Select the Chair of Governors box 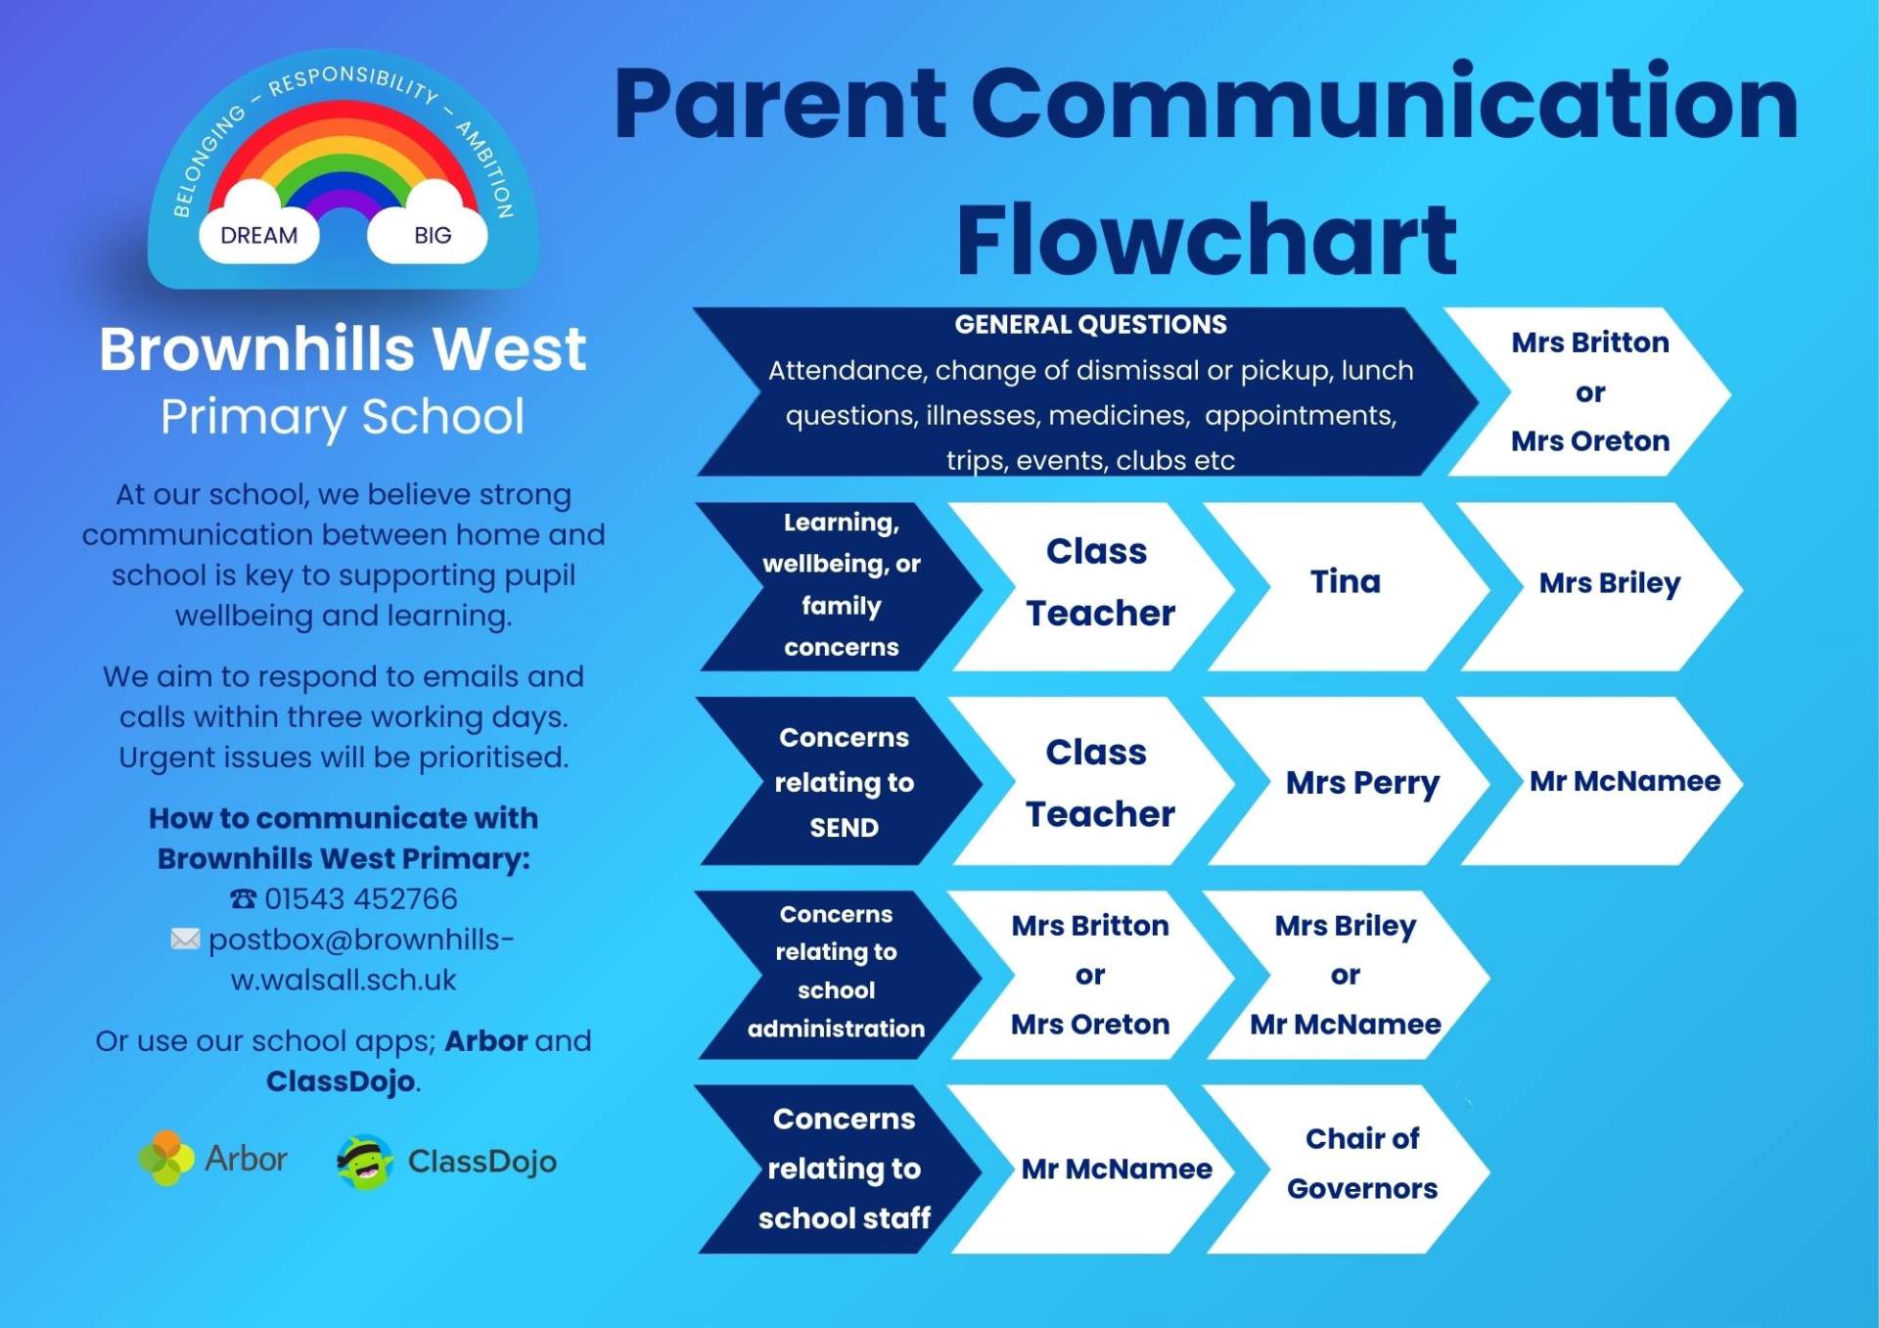click(x=1355, y=1168)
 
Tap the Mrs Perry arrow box click(x=1355, y=781)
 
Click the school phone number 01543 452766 click(x=361, y=898)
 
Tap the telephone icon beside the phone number click(x=243, y=898)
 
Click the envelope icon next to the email click(x=185, y=939)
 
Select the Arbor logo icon click(x=165, y=1158)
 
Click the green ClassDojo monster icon click(x=365, y=1162)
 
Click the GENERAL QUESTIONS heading click(x=1090, y=324)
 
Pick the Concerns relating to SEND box click(x=842, y=781)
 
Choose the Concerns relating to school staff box click(x=842, y=1168)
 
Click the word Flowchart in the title click(x=1207, y=240)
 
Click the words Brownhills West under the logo click(x=343, y=348)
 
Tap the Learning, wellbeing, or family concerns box click(x=842, y=586)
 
